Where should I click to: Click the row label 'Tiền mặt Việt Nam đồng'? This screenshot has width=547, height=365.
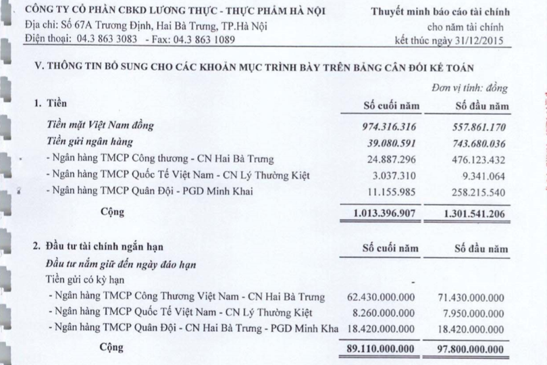click(101, 126)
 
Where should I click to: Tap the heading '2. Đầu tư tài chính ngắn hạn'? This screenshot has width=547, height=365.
click(99, 247)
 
